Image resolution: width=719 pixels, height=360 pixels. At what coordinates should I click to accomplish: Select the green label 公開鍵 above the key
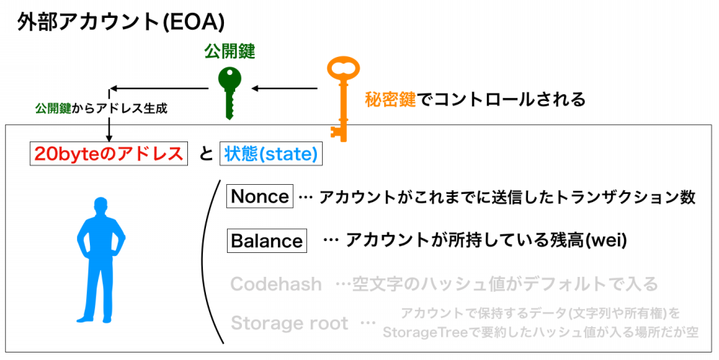click(x=229, y=52)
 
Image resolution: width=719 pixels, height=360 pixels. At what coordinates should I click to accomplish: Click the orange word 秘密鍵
click(x=389, y=98)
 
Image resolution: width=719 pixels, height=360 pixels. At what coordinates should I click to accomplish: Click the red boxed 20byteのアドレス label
click(x=109, y=154)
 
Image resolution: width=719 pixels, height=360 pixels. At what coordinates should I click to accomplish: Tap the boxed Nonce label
click(x=260, y=197)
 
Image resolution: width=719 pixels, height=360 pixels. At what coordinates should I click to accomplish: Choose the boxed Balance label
click(x=267, y=241)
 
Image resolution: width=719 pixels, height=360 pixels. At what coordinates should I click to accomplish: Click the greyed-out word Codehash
click(x=276, y=284)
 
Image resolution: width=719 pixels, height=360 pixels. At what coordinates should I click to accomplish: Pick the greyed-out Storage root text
click(x=289, y=323)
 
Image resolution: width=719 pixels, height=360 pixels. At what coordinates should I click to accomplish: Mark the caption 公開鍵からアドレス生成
click(x=100, y=109)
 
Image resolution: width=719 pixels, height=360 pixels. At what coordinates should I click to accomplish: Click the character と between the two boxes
click(x=204, y=155)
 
